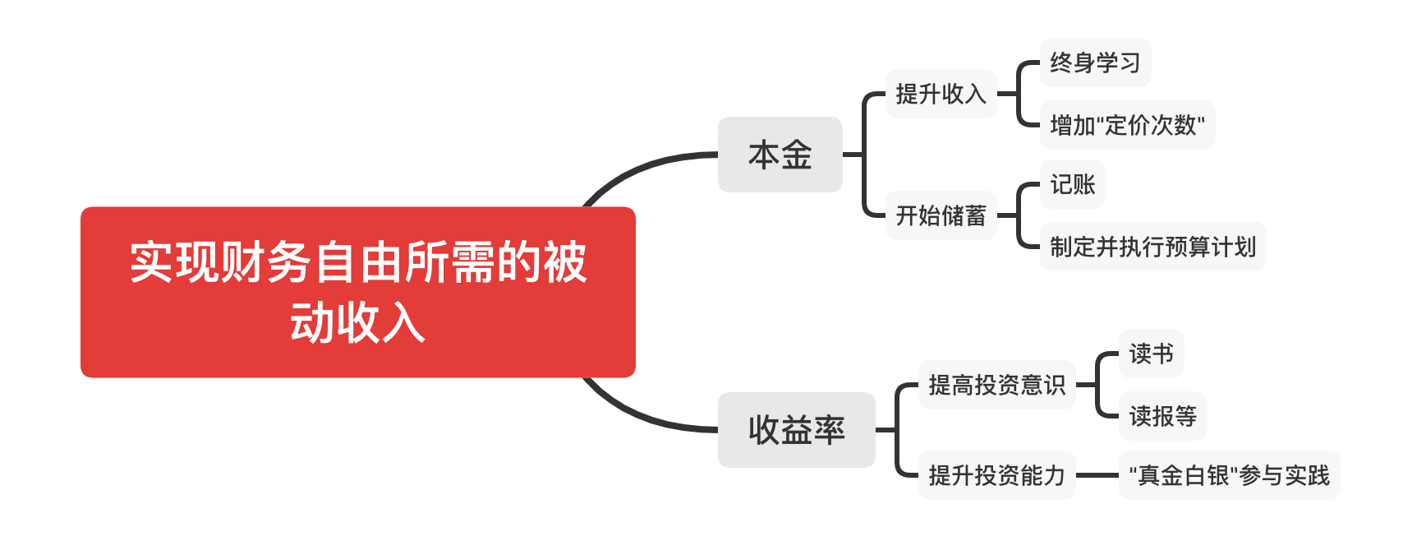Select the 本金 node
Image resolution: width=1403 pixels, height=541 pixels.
780,155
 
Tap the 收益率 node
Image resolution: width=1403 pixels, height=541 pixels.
796,430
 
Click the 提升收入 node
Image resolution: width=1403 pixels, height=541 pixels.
941,94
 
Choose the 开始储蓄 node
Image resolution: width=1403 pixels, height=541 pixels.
941,215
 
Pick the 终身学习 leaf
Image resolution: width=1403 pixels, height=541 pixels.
1095,62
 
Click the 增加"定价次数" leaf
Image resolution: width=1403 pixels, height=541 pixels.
1127,125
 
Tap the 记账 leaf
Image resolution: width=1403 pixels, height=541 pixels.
1072,184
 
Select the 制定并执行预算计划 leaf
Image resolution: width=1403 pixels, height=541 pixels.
1152,247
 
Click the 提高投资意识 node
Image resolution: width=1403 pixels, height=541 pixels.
996,385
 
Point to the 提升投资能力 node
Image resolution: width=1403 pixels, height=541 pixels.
996,475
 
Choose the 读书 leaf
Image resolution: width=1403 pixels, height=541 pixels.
1151,354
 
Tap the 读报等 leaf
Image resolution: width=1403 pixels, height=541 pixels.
1162,416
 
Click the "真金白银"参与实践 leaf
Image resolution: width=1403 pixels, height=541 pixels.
1229,475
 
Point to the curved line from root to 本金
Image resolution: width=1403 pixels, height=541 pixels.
641,168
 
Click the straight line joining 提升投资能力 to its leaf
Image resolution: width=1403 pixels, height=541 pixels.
1097,475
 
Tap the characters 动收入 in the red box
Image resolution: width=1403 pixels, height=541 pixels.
357,322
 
